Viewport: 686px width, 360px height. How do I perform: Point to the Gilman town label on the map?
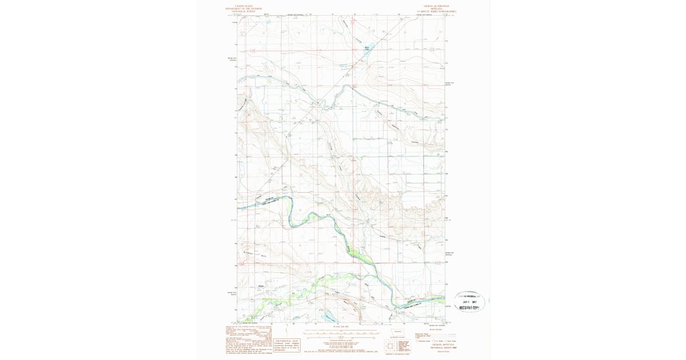point(261,285)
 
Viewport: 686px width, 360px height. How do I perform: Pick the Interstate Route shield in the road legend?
point(419,341)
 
